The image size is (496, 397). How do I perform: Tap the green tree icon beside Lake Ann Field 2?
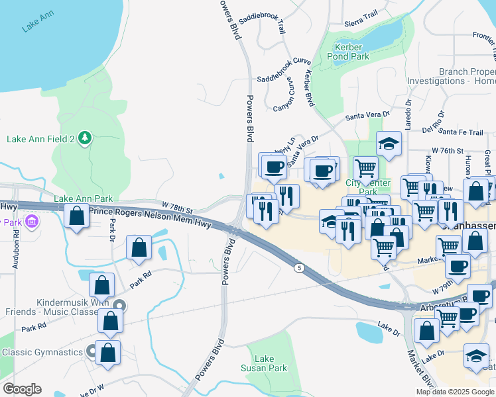click(84, 138)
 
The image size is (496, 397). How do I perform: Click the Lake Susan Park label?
click(273, 363)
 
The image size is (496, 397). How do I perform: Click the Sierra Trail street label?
click(361, 18)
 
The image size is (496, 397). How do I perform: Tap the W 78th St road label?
click(177, 208)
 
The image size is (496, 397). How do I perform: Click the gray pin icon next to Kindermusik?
click(119, 305)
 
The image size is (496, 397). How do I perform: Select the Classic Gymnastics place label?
click(41, 352)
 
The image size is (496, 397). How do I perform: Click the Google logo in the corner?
click(22, 389)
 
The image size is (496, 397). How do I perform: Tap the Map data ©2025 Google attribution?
click(454, 392)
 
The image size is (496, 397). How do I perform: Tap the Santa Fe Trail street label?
click(470, 133)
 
